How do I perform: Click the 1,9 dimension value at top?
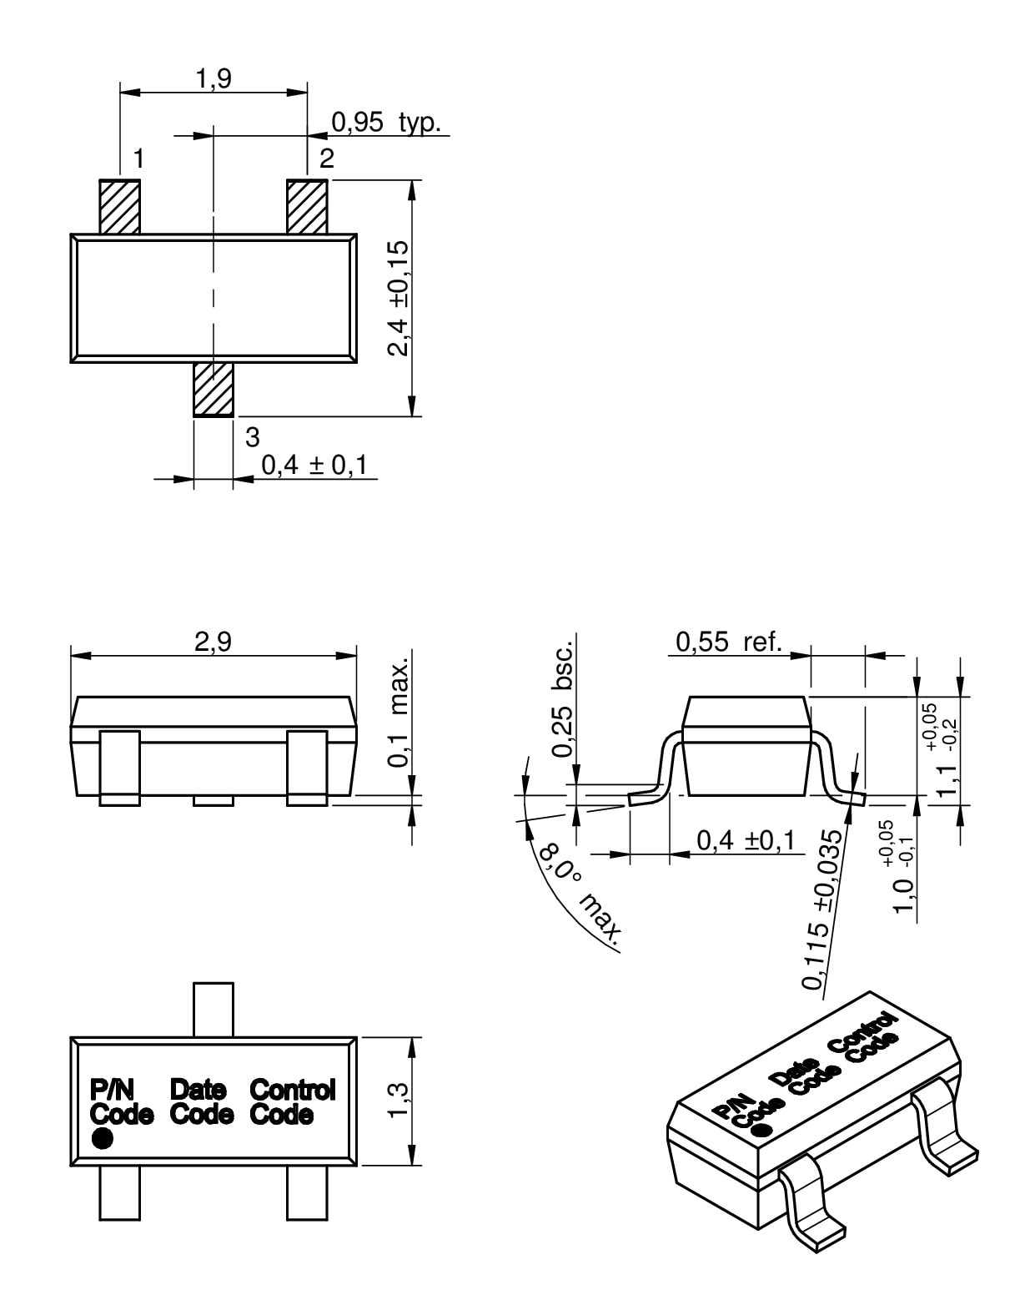point(214,78)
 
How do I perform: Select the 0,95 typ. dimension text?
point(385,122)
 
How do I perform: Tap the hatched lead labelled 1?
point(119,206)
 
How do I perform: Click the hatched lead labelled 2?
point(307,206)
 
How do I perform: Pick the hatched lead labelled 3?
point(214,389)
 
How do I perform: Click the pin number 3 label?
point(252,436)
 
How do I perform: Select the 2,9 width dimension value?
point(214,642)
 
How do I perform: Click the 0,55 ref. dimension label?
point(729,642)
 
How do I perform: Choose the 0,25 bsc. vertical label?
point(564,699)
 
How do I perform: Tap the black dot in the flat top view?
point(102,1138)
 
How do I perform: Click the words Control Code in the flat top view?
point(292,1101)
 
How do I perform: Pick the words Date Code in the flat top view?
point(200,1101)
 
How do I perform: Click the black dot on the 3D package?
point(760,1130)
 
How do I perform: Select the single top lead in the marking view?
point(214,1010)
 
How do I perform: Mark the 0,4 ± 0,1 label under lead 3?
point(314,465)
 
